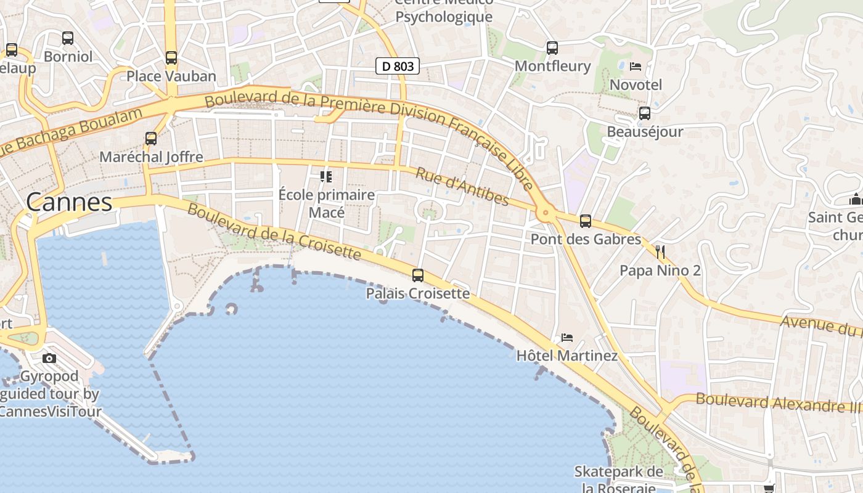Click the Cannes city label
[x=69, y=202]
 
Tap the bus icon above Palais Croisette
[x=418, y=275]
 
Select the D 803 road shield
[x=398, y=66]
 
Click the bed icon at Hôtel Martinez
[x=567, y=338]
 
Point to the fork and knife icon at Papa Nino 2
[x=660, y=251]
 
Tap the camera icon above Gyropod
[x=49, y=358]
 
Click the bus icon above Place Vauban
[x=171, y=58]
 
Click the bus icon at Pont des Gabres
[x=586, y=221]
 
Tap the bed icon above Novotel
[x=636, y=66]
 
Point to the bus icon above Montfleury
[x=552, y=47]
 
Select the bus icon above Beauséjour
[x=645, y=113]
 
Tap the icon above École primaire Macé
[x=326, y=177]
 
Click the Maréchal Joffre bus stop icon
[x=151, y=139]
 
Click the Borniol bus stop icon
[x=68, y=38]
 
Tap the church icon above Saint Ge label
[x=856, y=199]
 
